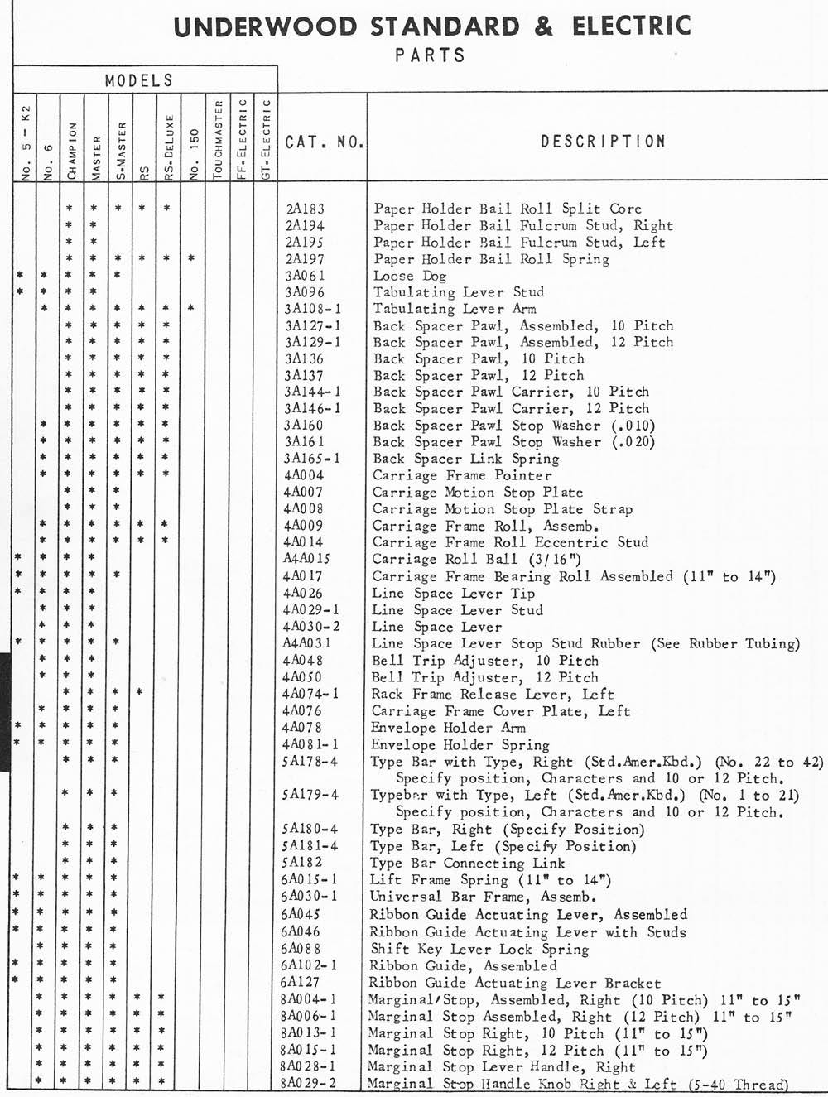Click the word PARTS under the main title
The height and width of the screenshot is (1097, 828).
[430, 55]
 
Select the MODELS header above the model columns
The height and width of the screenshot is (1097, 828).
[139, 80]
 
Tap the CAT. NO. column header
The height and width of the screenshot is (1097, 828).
[324, 142]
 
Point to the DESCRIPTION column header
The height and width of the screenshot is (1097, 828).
[603, 142]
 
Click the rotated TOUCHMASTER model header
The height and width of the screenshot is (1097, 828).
[218, 139]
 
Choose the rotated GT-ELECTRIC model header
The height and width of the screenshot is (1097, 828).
[266, 139]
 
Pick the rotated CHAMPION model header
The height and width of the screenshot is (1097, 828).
[72, 151]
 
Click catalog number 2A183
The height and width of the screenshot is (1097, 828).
[305, 209]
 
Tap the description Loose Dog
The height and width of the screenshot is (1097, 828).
[410, 276]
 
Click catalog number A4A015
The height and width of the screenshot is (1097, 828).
[306, 559]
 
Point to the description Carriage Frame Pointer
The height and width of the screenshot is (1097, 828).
[461, 475]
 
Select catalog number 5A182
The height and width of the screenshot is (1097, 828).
[302, 863]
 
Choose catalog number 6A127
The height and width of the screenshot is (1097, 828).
[301, 983]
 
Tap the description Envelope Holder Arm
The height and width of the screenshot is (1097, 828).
[447, 728]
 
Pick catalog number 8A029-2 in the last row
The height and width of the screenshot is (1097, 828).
[309, 1083]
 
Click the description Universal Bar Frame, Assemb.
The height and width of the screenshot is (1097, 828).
[482, 897]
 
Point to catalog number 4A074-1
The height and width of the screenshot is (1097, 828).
[310, 694]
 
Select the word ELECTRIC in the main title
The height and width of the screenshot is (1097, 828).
[631, 26]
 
